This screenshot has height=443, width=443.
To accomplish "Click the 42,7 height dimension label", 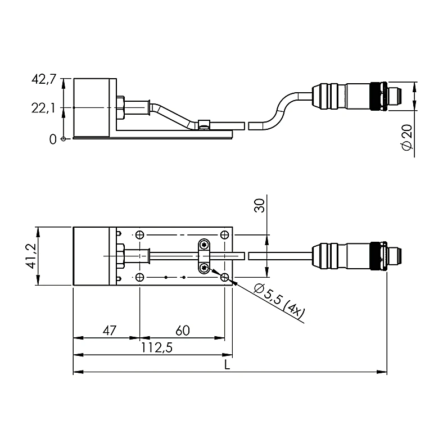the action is pyautogui.click(x=44, y=79).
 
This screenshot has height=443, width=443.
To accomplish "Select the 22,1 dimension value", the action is pyautogui.click(x=43, y=108).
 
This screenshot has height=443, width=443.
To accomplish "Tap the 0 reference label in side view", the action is pyautogui.click(x=53, y=139).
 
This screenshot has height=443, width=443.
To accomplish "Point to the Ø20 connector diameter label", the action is pyautogui.click(x=407, y=137).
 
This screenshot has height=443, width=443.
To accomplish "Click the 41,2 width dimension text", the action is pyautogui.click(x=30, y=256).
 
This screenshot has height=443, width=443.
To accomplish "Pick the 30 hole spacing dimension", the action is pyautogui.click(x=259, y=206).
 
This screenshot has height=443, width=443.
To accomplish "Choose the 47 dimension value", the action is pyautogui.click(x=109, y=330).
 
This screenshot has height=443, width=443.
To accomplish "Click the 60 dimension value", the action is pyautogui.click(x=183, y=330).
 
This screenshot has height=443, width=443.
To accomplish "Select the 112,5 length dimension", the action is pyautogui.click(x=156, y=348).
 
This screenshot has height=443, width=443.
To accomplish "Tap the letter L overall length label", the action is pyautogui.click(x=227, y=365).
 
